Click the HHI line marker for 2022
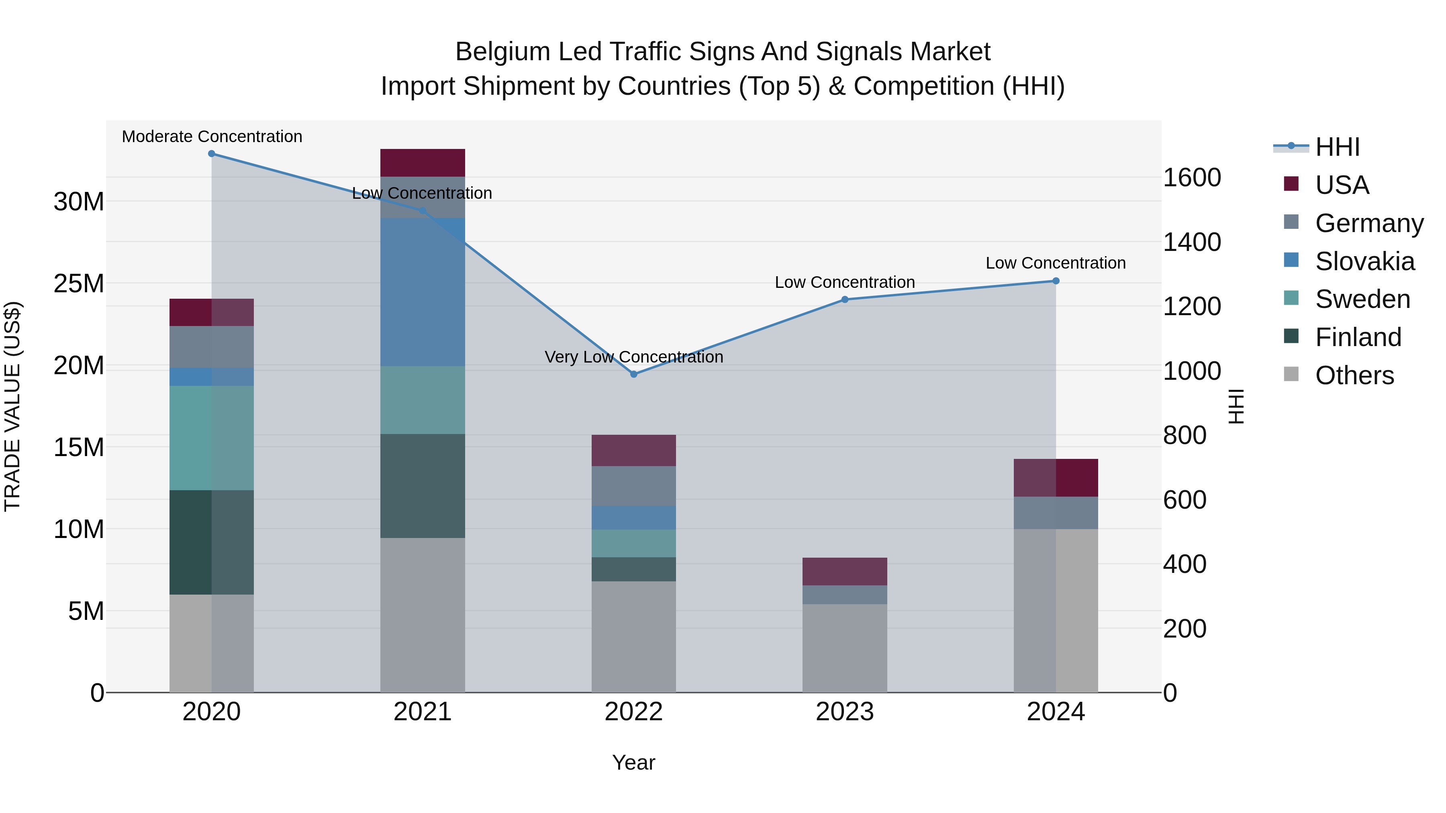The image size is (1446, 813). [x=634, y=374]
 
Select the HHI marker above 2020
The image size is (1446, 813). [x=212, y=154]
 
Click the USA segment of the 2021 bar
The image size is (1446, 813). [x=423, y=163]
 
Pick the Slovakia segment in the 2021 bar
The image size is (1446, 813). [x=423, y=292]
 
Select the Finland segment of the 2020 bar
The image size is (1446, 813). [x=212, y=542]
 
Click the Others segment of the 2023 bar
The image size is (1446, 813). [x=845, y=648]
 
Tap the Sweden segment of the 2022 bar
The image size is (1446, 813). [x=634, y=543]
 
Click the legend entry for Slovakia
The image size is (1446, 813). [x=1364, y=261]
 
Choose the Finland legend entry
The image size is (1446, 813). [x=1358, y=337]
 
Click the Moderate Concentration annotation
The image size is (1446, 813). [x=212, y=137]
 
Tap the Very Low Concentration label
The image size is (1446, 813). [x=634, y=357]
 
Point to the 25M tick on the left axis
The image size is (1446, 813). [x=79, y=283]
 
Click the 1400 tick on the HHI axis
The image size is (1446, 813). [x=1192, y=242]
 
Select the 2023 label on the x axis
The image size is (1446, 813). [x=845, y=712]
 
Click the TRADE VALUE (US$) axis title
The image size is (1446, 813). [x=12, y=406]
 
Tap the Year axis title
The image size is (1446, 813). [x=634, y=762]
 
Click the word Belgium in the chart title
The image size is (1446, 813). [x=502, y=52]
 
